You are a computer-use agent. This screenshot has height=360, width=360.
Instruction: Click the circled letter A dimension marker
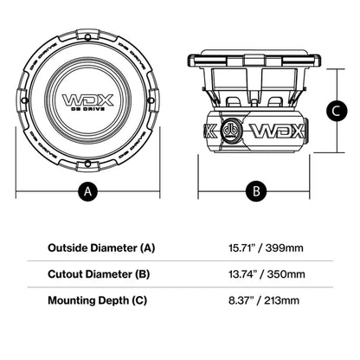85,193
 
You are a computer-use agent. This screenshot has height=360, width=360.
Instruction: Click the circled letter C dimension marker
338,110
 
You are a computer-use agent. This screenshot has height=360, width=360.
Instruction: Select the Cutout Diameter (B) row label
89,274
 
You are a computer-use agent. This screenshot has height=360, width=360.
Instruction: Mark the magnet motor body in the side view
255,132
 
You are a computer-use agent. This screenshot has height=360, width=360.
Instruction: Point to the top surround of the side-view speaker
255,59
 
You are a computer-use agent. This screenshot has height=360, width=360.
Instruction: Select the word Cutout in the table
48,274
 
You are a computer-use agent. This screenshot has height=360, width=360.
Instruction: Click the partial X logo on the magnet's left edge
208,132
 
